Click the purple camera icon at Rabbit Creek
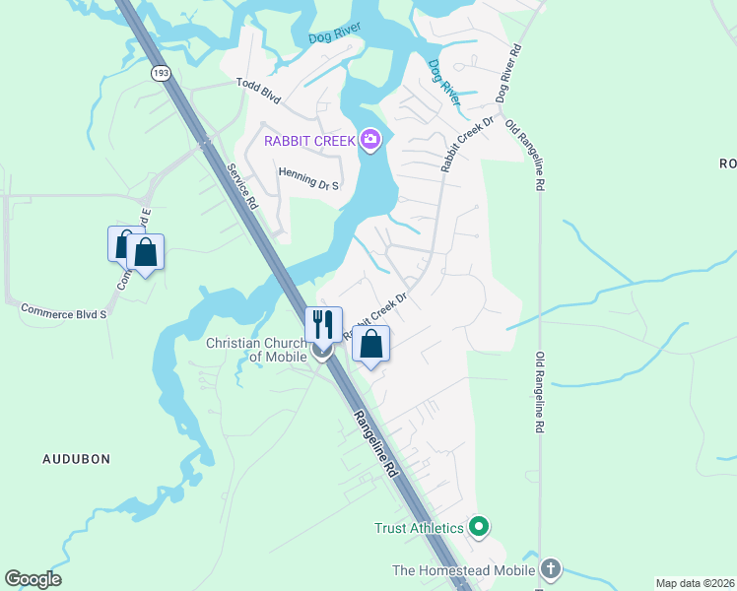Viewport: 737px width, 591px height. [x=370, y=140]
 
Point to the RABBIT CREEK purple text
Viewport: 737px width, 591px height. [x=308, y=141]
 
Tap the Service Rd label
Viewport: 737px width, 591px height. [x=241, y=185]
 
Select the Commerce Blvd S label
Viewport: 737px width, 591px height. [x=63, y=310]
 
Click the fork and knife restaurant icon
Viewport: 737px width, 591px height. [x=323, y=324]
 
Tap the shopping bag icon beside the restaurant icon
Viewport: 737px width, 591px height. [x=370, y=345]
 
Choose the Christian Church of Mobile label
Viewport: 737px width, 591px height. [x=260, y=350]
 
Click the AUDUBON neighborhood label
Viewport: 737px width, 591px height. [x=76, y=459]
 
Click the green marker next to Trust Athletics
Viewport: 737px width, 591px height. [x=479, y=528]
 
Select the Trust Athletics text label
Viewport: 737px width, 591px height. [x=419, y=528]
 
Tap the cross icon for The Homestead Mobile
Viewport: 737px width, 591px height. [x=550, y=569]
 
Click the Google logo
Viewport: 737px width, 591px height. [x=33, y=579]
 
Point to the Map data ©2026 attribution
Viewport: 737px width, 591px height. [x=695, y=583]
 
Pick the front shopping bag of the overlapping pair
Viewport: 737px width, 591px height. [x=145, y=252]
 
